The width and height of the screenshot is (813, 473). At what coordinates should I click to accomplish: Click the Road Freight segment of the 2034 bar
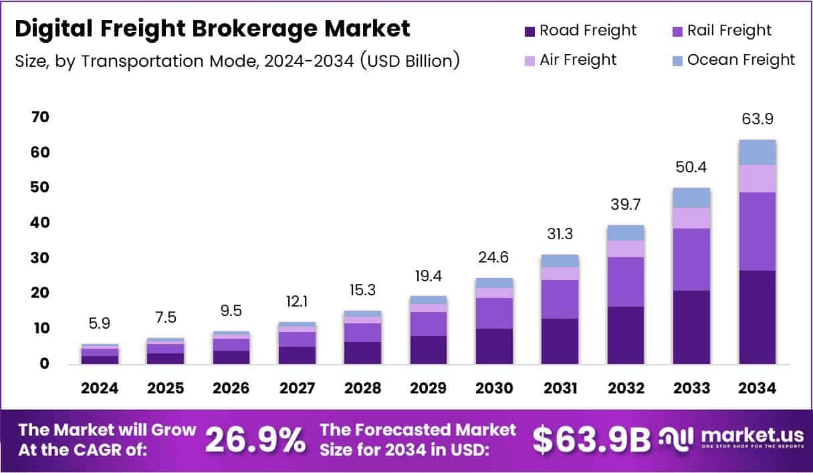click(757, 317)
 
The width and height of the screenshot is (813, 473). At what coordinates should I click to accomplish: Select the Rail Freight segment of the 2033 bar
click(691, 259)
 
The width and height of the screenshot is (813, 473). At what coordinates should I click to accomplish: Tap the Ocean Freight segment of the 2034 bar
click(757, 152)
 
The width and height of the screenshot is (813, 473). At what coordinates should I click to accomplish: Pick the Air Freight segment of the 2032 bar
click(626, 249)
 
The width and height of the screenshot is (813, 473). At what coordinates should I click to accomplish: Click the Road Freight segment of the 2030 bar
click(495, 346)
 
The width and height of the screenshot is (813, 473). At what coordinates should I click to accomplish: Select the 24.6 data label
click(495, 257)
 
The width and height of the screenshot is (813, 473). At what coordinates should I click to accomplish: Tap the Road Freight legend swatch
click(530, 31)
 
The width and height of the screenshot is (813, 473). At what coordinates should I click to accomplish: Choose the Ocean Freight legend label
click(741, 60)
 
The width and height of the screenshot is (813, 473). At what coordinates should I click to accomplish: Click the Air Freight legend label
click(578, 60)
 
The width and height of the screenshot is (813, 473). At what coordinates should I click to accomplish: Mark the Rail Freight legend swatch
click(677, 31)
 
